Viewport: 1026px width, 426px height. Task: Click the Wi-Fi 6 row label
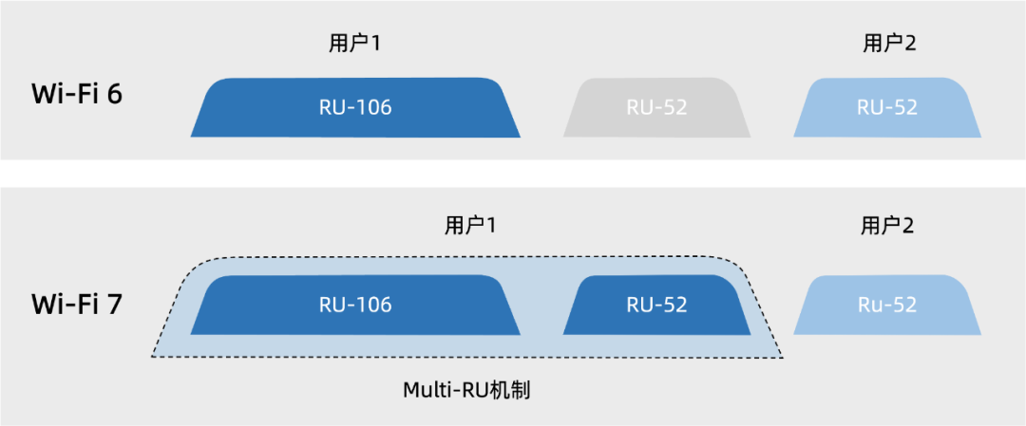click(x=77, y=95)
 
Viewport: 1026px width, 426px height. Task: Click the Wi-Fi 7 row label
click(x=77, y=304)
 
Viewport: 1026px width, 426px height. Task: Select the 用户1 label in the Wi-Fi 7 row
click(x=471, y=226)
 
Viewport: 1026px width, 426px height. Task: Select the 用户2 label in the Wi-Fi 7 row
click(x=888, y=226)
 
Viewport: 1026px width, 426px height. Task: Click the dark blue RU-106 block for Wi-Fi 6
click(x=355, y=107)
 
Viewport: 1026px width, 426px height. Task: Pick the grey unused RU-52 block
click(x=656, y=107)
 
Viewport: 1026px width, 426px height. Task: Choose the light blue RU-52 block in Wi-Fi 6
click(x=887, y=107)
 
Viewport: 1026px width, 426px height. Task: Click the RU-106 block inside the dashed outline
click(x=355, y=305)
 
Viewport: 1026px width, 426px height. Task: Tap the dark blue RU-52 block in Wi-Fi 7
click(x=656, y=305)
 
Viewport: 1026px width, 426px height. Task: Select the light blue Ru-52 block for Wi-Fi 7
click(x=887, y=305)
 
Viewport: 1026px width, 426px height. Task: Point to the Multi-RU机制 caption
click(x=465, y=390)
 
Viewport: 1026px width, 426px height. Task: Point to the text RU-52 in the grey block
click(x=656, y=107)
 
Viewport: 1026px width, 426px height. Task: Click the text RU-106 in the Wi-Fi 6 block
click(x=355, y=107)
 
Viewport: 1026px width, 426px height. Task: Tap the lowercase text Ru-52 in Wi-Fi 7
click(x=887, y=305)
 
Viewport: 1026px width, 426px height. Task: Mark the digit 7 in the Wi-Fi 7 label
click(x=113, y=304)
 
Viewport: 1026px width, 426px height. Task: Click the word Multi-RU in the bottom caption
click(x=445, y=390)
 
